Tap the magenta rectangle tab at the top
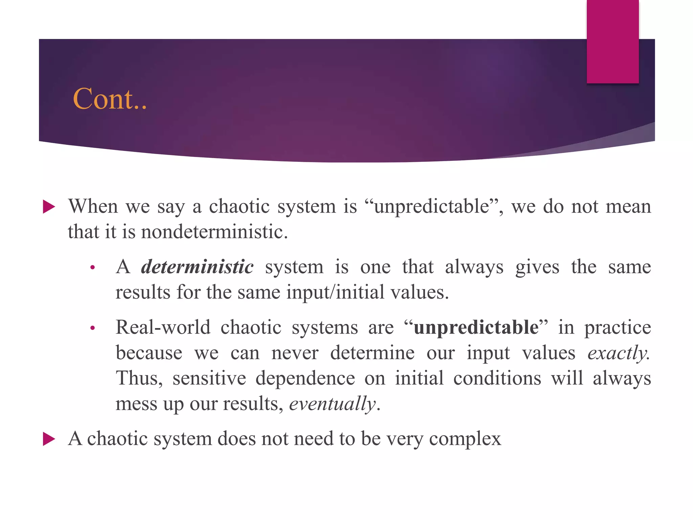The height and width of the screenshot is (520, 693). (612, 41)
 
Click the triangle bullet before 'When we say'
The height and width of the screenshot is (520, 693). (49, 207)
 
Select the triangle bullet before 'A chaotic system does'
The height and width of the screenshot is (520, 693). (49, 439)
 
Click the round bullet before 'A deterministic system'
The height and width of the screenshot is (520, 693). (92, 268)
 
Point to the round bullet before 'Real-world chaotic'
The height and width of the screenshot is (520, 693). (92, 328)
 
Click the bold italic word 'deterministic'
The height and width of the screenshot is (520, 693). (197, 267)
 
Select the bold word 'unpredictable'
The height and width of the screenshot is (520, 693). (476, 327)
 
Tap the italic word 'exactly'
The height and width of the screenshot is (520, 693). (618, 353)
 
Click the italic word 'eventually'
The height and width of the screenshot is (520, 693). (332, 404)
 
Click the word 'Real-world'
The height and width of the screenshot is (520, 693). (163, 327)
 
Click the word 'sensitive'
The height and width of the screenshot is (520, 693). (209, 378)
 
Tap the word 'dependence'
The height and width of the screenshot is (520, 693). (305, 378)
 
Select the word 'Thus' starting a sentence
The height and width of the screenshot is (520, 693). (138, 378)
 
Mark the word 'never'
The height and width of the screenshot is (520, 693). (295, 353)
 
